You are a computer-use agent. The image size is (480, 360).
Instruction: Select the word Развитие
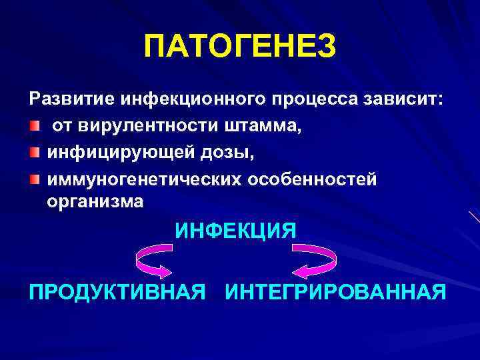point(71,99)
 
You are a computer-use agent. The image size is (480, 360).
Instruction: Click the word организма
point(95,201)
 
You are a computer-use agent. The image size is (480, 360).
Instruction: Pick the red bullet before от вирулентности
point(34,125)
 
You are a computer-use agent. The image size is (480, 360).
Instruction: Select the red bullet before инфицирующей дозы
point(34,152)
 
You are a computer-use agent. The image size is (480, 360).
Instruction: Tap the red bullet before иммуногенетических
point(34,179)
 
